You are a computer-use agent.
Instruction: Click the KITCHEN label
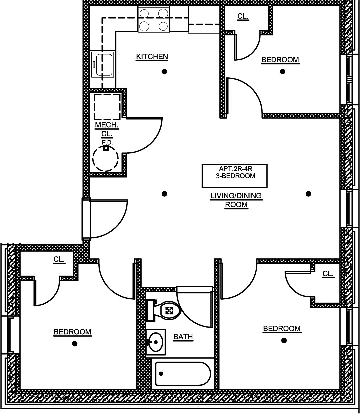152,57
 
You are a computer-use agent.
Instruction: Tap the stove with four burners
153,20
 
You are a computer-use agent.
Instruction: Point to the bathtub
183,373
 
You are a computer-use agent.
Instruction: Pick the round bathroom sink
157,342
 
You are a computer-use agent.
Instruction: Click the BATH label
183,337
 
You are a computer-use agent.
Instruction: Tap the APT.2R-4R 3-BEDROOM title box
234,172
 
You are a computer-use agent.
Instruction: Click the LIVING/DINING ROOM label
236,200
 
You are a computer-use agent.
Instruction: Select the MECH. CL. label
106,129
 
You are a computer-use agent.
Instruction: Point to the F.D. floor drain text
106,142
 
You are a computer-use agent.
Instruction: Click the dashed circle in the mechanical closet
106,159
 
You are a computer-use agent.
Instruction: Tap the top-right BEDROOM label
280,60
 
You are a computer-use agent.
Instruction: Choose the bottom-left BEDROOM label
73,332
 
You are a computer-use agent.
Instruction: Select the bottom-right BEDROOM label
282,329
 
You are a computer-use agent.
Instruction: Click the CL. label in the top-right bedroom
243,16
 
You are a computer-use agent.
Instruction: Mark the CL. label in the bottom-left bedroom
59,259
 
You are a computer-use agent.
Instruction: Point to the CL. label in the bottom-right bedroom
328,274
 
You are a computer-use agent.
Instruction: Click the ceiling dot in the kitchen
164,72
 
